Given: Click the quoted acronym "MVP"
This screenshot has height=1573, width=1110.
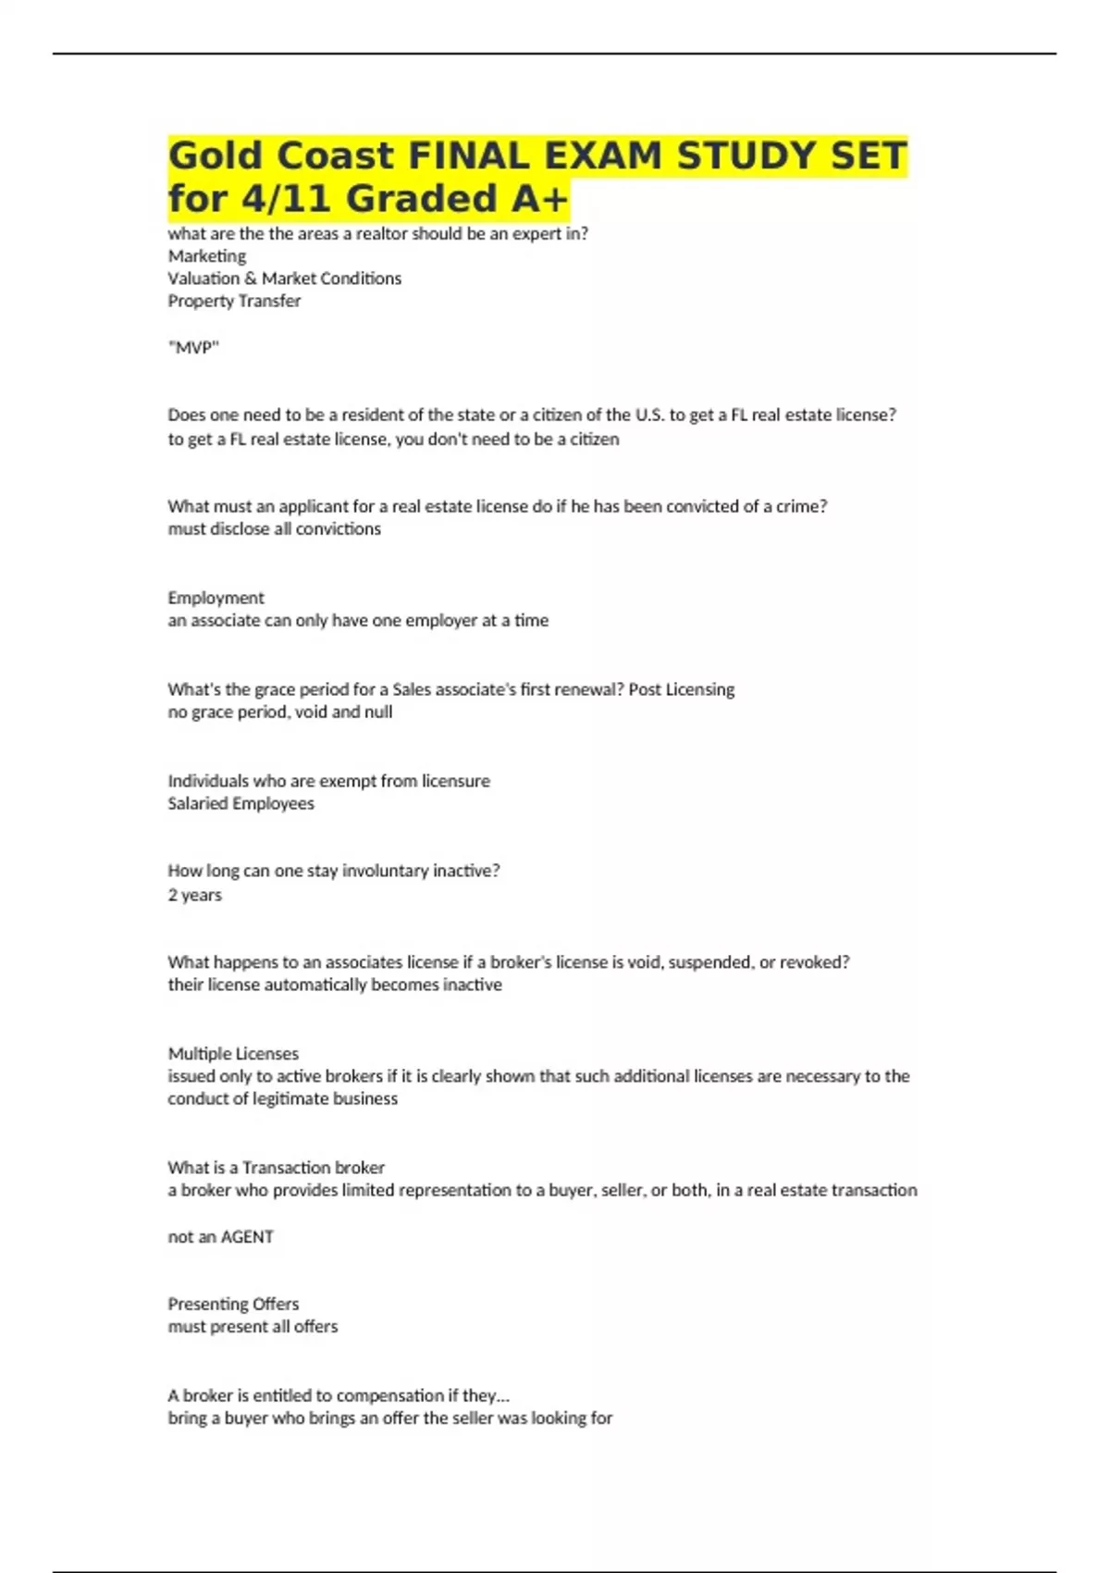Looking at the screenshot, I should point(193,348).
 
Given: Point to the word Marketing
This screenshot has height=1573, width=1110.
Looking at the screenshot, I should point(207,256).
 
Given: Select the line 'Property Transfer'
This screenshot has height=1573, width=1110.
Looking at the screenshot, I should point(234,301).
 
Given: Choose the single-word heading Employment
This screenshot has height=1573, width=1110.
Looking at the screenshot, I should point(216,598).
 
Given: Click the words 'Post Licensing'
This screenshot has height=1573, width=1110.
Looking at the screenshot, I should point(682,689).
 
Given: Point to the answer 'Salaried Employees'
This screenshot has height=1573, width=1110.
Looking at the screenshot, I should point(240,803).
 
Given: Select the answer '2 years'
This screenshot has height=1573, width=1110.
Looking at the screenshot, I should point(194,895).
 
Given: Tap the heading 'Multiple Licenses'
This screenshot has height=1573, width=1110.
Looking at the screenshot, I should point(233,1054).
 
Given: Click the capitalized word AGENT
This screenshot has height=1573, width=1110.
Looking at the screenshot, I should point(247,1237).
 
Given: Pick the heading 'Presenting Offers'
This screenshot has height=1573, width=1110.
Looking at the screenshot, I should point(233,1304).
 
